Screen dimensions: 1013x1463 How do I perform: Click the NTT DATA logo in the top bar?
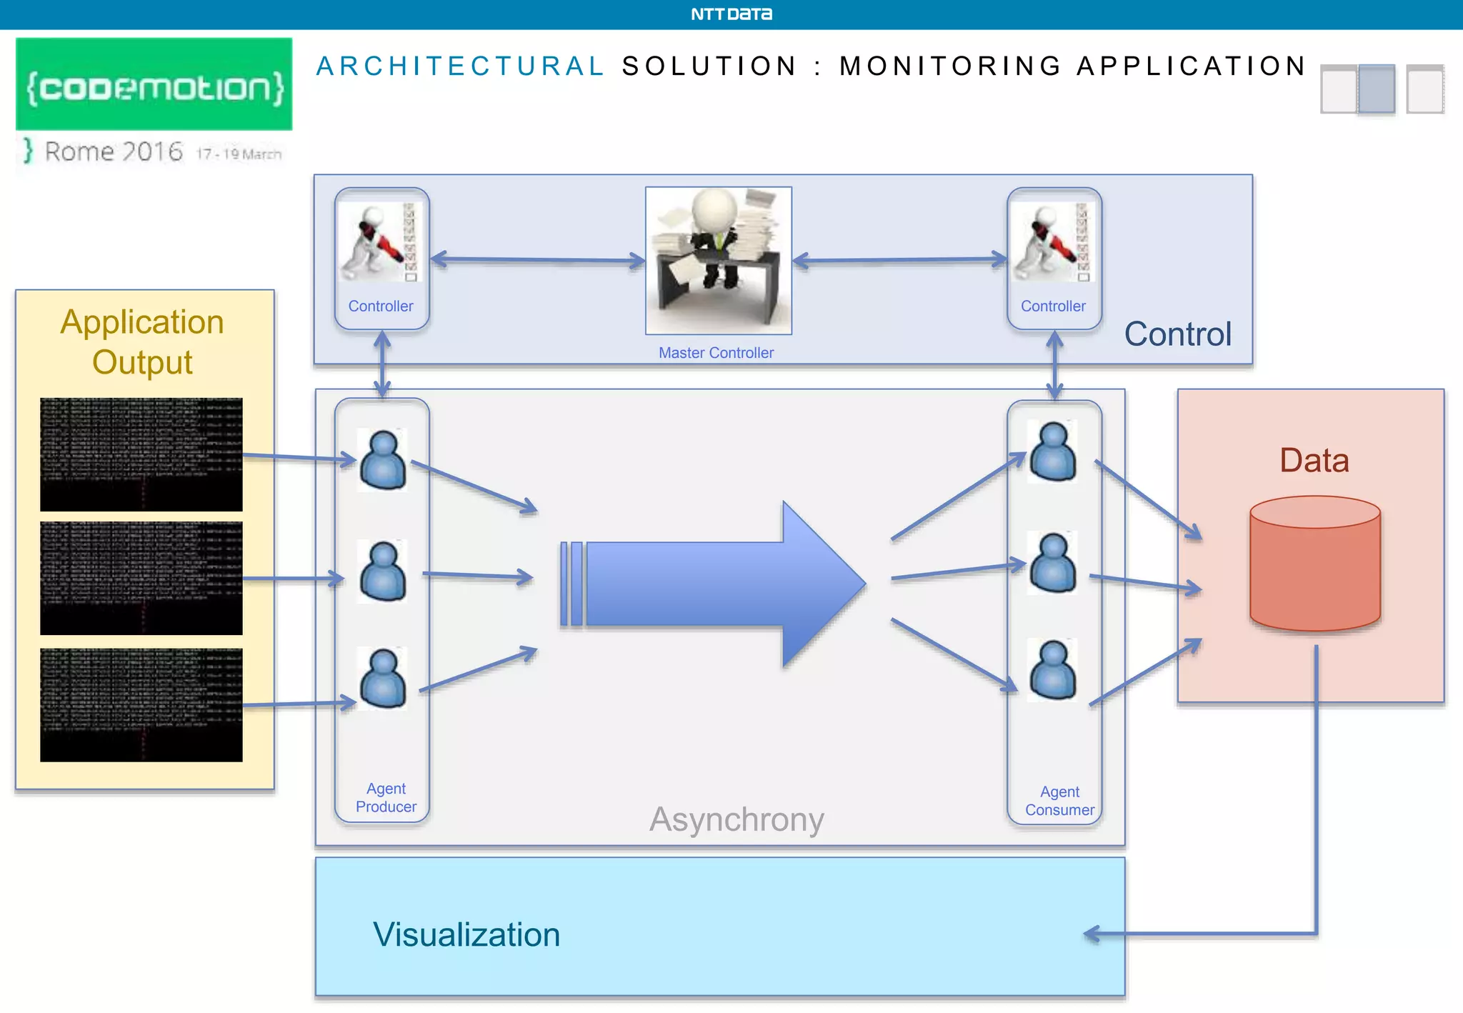click(731, 14)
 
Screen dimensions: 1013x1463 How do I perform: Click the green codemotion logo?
click(154, 85)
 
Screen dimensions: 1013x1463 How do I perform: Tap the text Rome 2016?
click(114, 151)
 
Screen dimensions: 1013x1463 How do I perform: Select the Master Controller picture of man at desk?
click(718, 260)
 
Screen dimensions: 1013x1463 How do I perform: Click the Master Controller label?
click(716, 353)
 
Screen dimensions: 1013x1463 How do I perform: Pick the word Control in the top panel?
click(1177, 334)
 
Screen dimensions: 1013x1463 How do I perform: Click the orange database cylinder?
click(1314, 564)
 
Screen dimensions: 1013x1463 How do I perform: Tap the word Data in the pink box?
click(1314, 460)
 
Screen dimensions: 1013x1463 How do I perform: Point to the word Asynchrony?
click(737, 819)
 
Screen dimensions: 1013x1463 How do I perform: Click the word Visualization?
click(466, 934)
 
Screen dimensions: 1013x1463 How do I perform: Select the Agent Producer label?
click(386, 798)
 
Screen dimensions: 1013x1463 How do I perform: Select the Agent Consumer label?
click(1059, 801)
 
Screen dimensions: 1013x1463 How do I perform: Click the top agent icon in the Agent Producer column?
click(383, 460)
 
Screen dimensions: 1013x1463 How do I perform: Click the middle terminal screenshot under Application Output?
click(141, 578)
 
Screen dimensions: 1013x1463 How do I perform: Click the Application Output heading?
click(142, 342)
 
